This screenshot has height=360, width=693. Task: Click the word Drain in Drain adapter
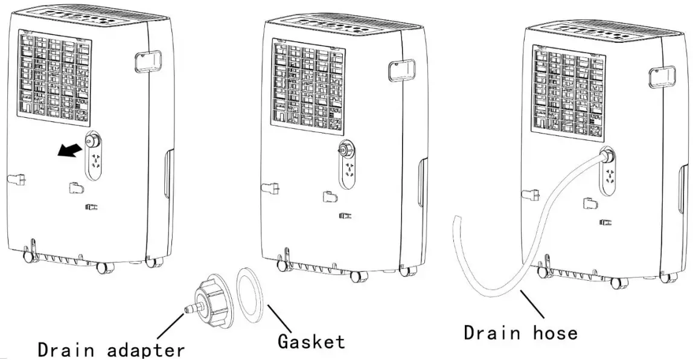pyautogui.click(x=66, y=350)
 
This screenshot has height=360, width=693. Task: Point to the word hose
pyautogui.click(x=552, y=332)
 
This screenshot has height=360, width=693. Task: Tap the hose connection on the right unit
pyautogui.click(x=606, y=156)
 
